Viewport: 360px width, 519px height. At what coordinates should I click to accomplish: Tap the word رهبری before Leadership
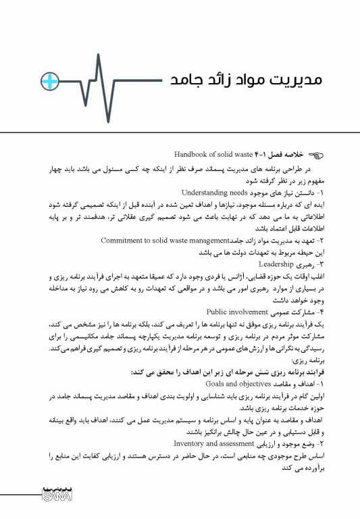coord(296,264)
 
